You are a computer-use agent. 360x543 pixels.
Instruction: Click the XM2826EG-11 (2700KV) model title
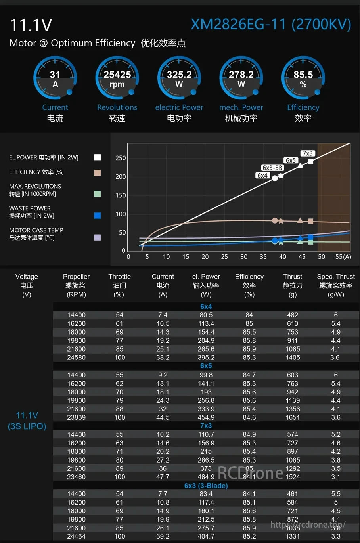tap(271, 25)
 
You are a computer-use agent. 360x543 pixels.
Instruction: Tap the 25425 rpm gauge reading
tap(117, 78)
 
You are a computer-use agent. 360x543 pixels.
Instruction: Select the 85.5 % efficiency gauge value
tap(303, 78)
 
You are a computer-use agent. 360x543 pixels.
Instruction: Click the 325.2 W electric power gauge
tap(179, 78)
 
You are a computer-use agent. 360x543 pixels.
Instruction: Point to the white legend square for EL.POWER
tap(98, 157)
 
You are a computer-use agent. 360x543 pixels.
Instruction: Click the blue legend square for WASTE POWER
tap(98, 216)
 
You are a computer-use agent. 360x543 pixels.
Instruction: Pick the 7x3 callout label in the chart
tap(307, 153)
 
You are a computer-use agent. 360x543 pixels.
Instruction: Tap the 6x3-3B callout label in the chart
tap(272, 168)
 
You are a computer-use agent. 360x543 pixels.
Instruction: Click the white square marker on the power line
tap(310, 161)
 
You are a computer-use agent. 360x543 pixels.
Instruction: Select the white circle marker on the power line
tap(275, 178)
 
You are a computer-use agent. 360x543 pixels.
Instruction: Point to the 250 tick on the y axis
tap(121, 158)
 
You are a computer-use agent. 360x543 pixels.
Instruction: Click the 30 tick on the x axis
tap(244, 257)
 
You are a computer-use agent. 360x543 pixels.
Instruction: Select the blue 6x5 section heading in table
tap(206, 366)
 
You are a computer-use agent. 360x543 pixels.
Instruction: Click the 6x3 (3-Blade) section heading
tap(206, 486)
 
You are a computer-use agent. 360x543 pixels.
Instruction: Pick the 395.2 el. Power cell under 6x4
tap(206, 358)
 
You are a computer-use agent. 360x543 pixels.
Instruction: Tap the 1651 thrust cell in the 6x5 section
tap(293, 417)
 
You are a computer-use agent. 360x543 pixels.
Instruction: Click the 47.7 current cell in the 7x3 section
tap(163, 477)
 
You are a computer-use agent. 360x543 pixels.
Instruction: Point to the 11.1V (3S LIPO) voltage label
tap(27, 421)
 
